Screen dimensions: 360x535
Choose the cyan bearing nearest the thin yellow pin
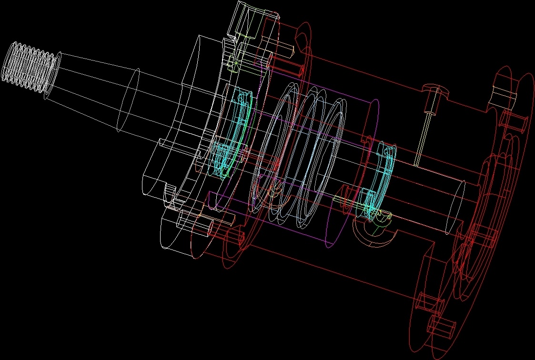[381, 181]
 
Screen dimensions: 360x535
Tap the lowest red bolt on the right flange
[441, 328]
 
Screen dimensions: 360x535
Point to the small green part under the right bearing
[379, 222]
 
